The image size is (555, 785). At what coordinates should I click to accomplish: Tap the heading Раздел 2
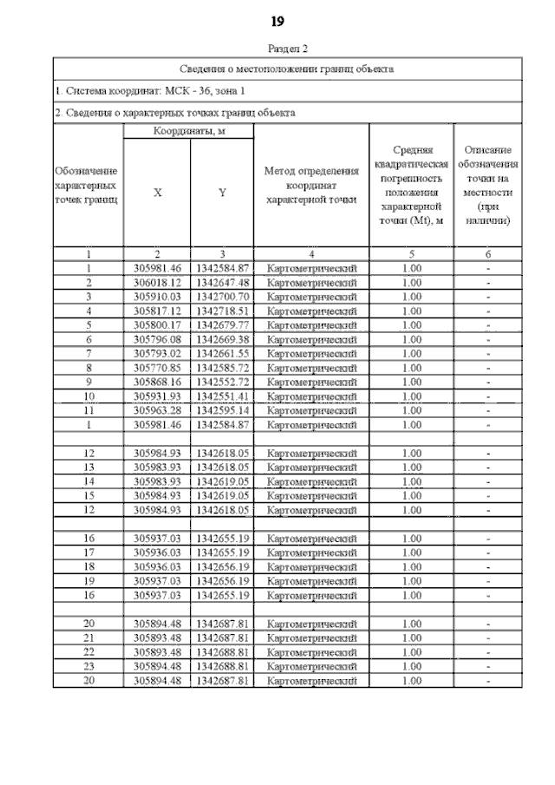pos(278,49)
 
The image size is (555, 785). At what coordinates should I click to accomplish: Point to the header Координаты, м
pos(190,131)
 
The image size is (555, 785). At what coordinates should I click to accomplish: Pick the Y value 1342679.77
pos(223,325)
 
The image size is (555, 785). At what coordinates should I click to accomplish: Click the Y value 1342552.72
pos(223,382)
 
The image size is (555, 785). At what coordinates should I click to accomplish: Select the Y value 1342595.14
pos(223,410)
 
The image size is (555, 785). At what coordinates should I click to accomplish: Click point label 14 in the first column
pos(88,481)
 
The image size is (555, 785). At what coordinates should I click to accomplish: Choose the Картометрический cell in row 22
pos(311,652)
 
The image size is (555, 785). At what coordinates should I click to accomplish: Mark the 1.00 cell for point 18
pos(412,567)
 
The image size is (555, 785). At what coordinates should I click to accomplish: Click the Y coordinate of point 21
pos(223,638)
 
